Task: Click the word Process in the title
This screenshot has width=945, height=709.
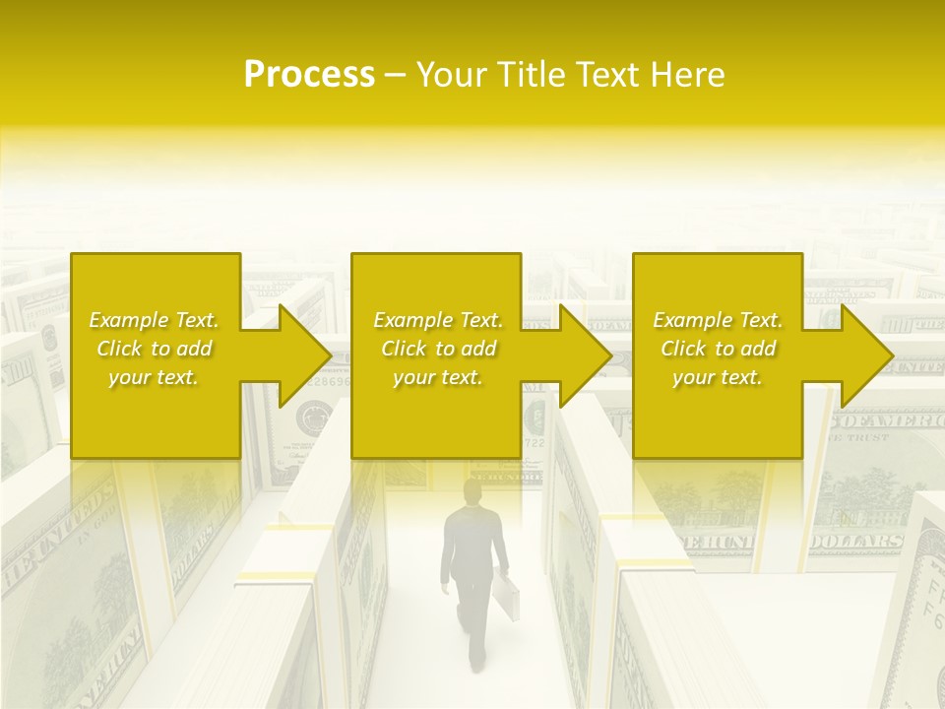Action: coord(309,75)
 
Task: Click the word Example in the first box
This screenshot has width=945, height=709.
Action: coord(129,320)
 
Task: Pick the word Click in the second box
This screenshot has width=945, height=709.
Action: coord(402,349)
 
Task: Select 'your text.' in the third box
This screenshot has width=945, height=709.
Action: coord(718,377)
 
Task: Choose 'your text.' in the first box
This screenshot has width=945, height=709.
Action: coord(154,377)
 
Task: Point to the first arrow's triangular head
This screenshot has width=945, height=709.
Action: coord(305,355)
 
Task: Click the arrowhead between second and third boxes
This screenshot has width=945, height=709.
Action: coord(585,355)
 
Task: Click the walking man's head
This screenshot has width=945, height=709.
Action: coord(473,491)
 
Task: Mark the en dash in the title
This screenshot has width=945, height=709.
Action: coord(395,75)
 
